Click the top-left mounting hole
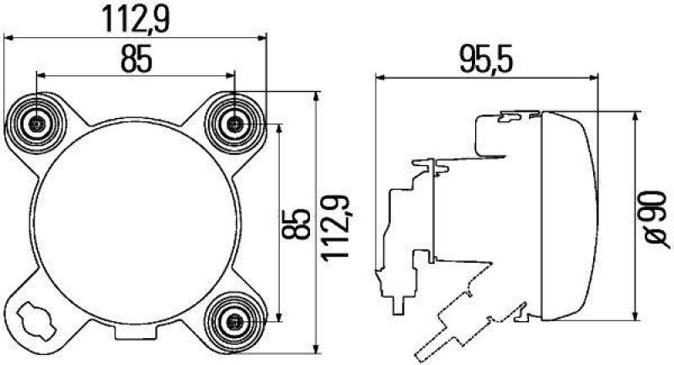[37, 125]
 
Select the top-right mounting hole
[234, 125]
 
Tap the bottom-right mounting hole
[234, 321]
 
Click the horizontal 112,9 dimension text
[135, 18]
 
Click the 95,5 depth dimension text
[487, 60]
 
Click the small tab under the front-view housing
[135, 343]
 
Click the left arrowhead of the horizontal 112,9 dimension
[8, 36]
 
